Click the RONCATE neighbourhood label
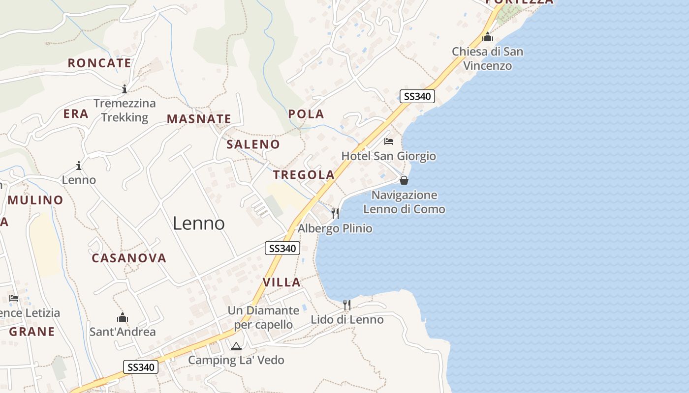(99, 63)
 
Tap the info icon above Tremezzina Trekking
(125, 89)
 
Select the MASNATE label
(199, 119)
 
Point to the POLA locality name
(306, 114)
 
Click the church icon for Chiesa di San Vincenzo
(488, 37)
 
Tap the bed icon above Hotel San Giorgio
(389, 141)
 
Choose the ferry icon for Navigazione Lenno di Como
(404, 180)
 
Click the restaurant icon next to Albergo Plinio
(335, 213)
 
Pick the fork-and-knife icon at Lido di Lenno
(347, 305)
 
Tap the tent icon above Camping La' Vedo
(236, 346)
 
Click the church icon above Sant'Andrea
(123, 317)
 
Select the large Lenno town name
(199, 224)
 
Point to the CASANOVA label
(129, 258)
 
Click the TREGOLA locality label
(304, 174)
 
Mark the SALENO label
(253, 144)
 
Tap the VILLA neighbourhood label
(282, 282)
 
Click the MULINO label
(35, 200)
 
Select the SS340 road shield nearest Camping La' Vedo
(141, 367)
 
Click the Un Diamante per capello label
(263, 317)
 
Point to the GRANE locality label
(32, 332)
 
